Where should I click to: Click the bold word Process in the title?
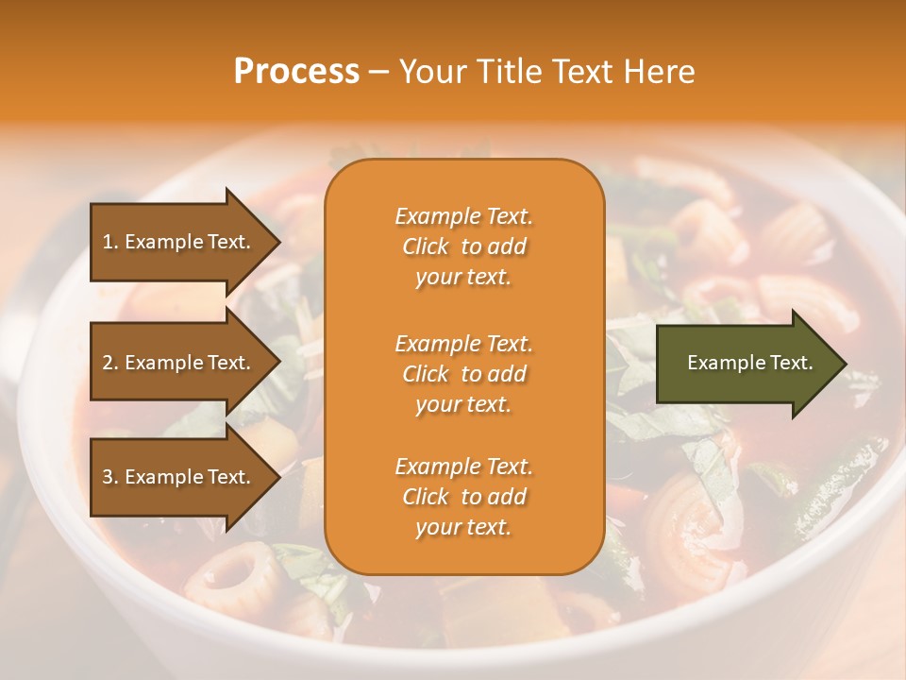[296, 72]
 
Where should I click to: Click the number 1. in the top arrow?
[110, 242]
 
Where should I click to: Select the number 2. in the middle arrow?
[110, 363]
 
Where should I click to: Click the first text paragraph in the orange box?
[463, 246]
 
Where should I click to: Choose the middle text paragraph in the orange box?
[463, 374]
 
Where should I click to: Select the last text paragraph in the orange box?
[463, 497]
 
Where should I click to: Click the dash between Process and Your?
[378, 73]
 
